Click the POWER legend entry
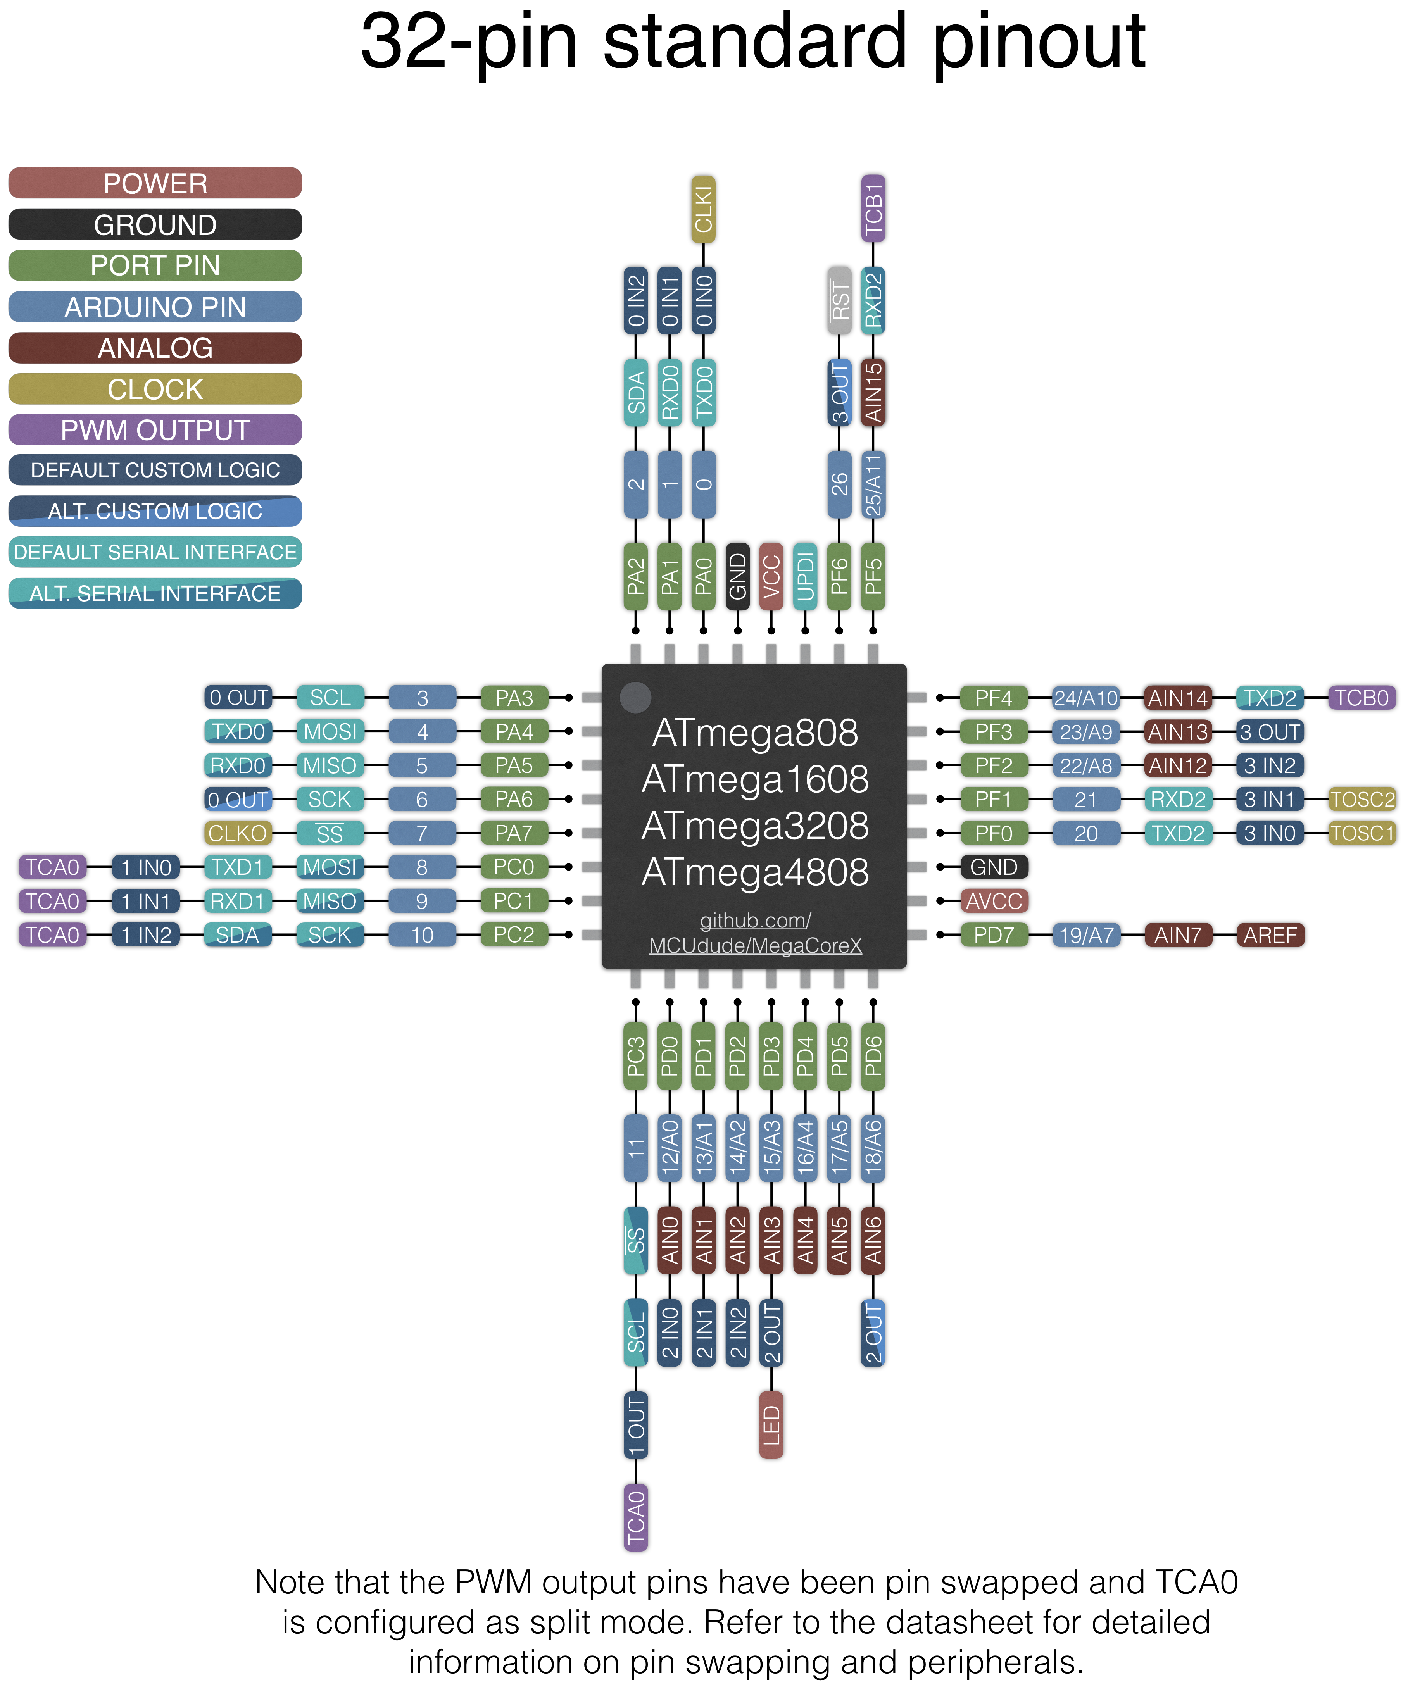pyautogui.click(x=155, y=183)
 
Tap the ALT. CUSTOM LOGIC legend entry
pyautogui.click(x=155, y=512)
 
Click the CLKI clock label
pyautogui.click(x=704, y=210)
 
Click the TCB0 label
pyautogui.click(x=1362, y=698)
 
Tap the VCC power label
pyautogui.click(x=771, y=576)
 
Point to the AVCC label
pyautogui.click(x=994, y=901)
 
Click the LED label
pyautogui.click(x=771, y=1425)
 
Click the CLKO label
pyautogui.click(x=238, y=833)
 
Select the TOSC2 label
pyautogui.click(x=1362, y=800)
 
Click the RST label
pyautogui.click(x=839, y=301)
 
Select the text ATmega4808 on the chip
pyautogui.click(x=755, y=872)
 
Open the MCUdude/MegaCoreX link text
pyautogui.click(x=755, y=946)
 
